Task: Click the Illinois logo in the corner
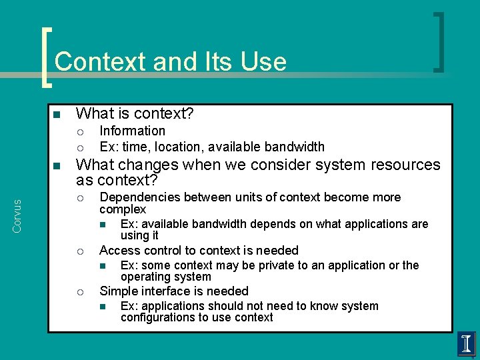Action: point(466,344)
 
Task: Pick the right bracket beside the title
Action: point(438,41)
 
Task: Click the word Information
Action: point(132,131)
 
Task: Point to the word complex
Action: point(123,209)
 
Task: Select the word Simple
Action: point(118,291)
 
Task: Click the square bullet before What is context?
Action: point(57,114)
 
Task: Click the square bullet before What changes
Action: point(57,165)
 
